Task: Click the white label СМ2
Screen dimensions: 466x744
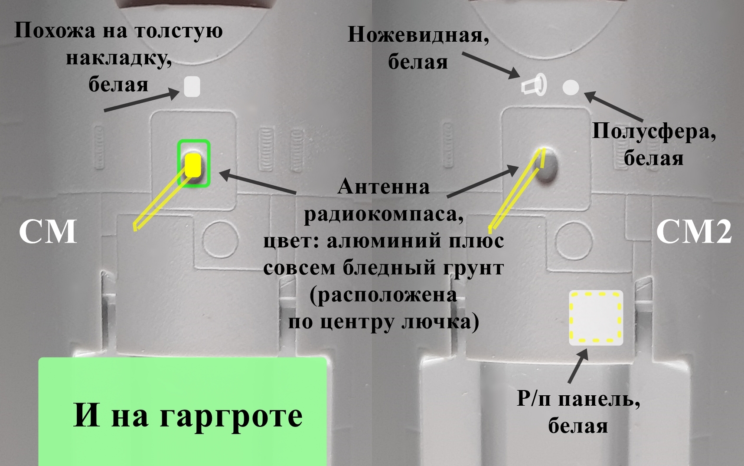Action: [x=694, y=232]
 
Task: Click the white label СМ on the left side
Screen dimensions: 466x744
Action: [x=48, y=232]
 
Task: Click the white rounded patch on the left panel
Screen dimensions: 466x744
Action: [x=192, y=86]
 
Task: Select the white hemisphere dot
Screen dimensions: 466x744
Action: [x=571, y=87]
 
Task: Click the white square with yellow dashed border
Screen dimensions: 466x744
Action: [x=596, y=318]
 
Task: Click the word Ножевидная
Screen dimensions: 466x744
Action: [x=415, y=35]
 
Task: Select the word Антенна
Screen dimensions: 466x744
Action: [x=383, y=187]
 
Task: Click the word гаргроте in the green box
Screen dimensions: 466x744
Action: [x=231, y=415]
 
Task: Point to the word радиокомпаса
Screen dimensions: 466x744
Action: [x=383, y=214]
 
